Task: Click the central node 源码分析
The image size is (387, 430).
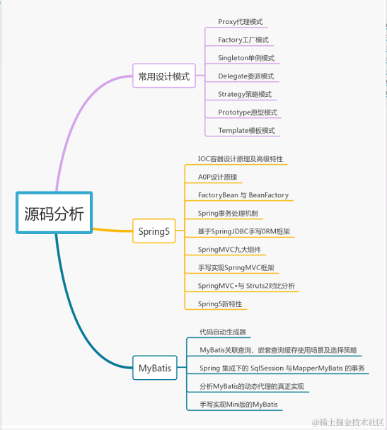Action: click(54, 213)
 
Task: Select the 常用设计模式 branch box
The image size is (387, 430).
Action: click(164, 76)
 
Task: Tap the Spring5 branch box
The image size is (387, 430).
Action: click(154, 231)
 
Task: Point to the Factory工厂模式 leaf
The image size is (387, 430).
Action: click(243, 40)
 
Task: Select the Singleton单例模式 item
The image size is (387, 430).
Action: click(246, 58)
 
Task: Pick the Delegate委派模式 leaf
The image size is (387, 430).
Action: click(246, 76)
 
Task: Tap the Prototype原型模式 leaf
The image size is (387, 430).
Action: click(248, 112)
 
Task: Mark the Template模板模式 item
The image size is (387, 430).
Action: click(246, 131)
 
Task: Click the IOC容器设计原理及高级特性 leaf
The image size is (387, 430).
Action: click(241, 158)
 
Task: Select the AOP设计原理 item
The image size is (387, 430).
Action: click(217, 177)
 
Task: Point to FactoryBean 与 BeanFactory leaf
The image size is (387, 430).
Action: click(243, 195)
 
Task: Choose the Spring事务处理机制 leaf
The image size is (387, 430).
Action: click(228, 213)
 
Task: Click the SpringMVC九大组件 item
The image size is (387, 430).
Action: click(229, 250)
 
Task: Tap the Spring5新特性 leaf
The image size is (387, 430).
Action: click(220, 304)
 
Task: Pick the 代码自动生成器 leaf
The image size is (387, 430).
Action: click(223, 331)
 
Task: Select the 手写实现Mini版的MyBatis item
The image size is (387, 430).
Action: click(239, 405)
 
